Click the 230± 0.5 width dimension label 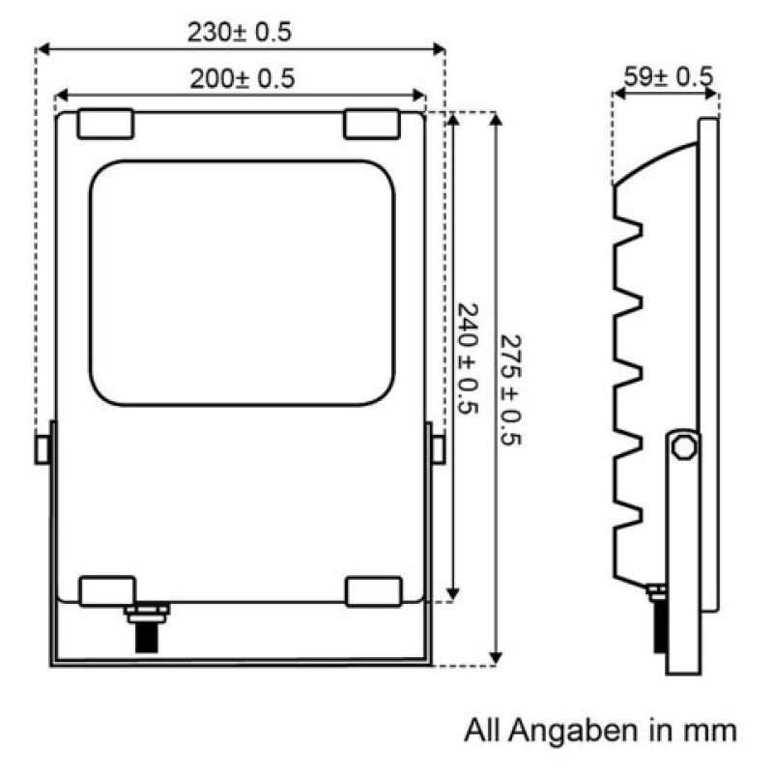point(240,32)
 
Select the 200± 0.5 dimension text point(243,79)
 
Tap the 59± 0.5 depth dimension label point(669,76)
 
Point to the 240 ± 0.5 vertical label point(468,358)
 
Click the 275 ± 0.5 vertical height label point(510,390)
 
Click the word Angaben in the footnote point(573,731)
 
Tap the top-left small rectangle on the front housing point(105,124)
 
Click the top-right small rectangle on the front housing point(372,125)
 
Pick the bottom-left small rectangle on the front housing point(107,591)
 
